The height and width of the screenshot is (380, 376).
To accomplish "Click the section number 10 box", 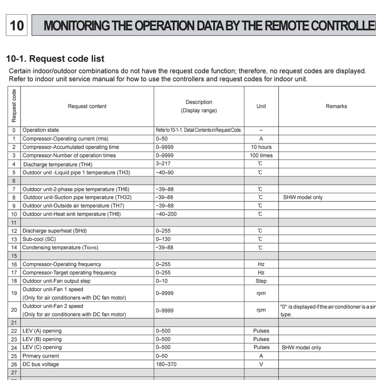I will click(x=17, y=25).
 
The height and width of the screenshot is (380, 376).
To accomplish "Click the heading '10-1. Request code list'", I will click(x=55, y=59).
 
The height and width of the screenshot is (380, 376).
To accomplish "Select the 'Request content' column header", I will click(x=87, y=106).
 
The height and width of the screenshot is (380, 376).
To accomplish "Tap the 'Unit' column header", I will click(x=261, y=106).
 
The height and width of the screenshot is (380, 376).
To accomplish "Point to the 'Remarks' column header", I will click(x=336, y=106).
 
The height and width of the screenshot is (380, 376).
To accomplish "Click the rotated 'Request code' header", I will click(x=14, y=106).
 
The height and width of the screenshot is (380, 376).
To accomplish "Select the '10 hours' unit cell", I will click(x=261, y=147).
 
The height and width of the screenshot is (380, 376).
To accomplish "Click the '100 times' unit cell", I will click(x=261, y=155).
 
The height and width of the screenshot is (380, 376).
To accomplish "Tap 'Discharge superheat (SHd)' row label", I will click(x=55, y=231).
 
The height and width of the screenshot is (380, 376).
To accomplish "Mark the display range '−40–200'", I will click(x=166, y=214).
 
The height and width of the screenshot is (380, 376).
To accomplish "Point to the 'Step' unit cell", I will click(x=261, y=281).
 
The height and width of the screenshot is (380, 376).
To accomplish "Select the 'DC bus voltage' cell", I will click(x=41, y=364).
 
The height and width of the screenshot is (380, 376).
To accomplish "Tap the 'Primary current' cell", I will click(x=41, y=356).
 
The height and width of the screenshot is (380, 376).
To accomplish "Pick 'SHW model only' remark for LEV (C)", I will click(x=301, y=348).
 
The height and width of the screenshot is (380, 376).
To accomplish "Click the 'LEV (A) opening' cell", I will click(x=42, y=331).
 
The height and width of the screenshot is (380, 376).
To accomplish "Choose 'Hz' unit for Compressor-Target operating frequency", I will click(x=261, y=273).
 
